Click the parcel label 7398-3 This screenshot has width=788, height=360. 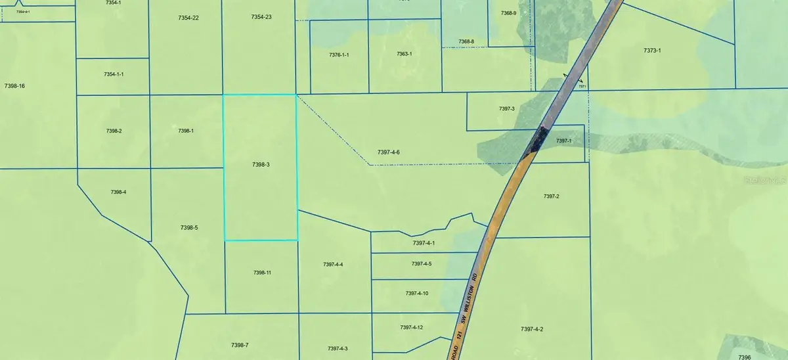point(261,165)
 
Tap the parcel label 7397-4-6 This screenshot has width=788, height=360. point(389,152)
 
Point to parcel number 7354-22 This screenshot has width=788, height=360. point(188,18)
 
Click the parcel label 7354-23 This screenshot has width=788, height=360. point(261,17)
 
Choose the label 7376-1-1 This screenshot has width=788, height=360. point(338,55)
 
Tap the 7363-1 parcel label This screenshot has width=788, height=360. point(404,54)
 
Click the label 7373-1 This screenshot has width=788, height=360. point(652,51)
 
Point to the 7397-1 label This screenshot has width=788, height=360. point(564,141)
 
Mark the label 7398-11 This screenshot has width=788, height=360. point(261,273)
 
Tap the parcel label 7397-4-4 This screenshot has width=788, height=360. point(333,265)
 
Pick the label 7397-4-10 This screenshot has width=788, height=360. point(417,294)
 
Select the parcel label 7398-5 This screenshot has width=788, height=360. point(188,228)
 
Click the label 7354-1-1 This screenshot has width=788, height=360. point(114,75)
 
